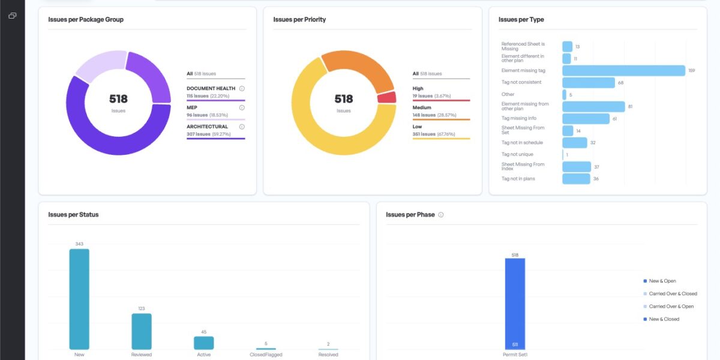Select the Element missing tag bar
[623, 71]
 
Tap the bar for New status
[79, 299]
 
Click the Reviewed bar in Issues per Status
[142, 331]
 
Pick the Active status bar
[203, 343]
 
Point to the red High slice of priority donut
[387, 97]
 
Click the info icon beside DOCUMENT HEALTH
[242, 88]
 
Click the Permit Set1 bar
[515, 303]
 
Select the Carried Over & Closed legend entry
[673, 294]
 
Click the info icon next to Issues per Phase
[441, 215]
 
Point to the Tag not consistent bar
[589, 83]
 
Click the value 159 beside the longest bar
[691, 71]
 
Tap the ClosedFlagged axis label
[266, 355]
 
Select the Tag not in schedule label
[522, 143]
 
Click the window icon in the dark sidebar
[12, 16]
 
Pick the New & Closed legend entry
[664, 319]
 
